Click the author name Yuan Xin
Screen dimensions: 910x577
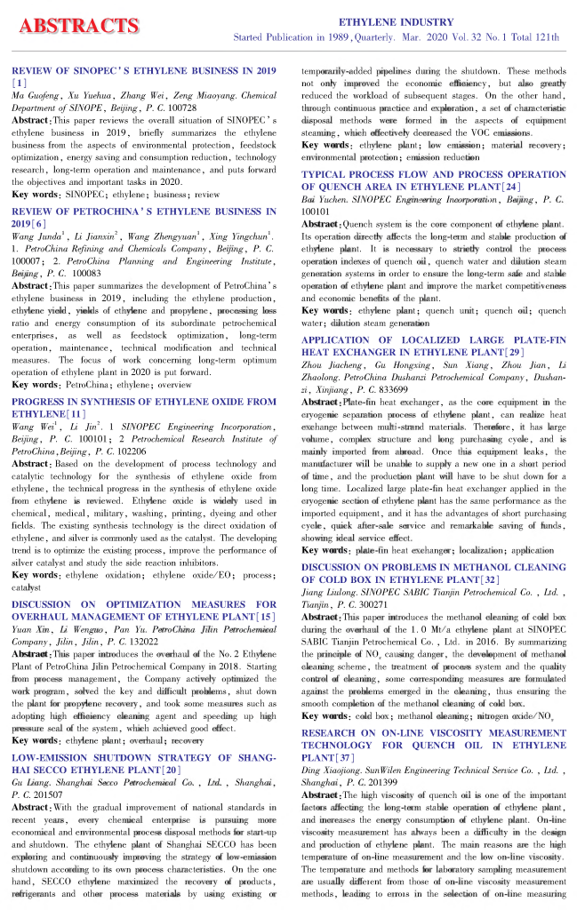(x=28, y=605)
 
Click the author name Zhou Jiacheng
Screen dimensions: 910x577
(x=330, y=365)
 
